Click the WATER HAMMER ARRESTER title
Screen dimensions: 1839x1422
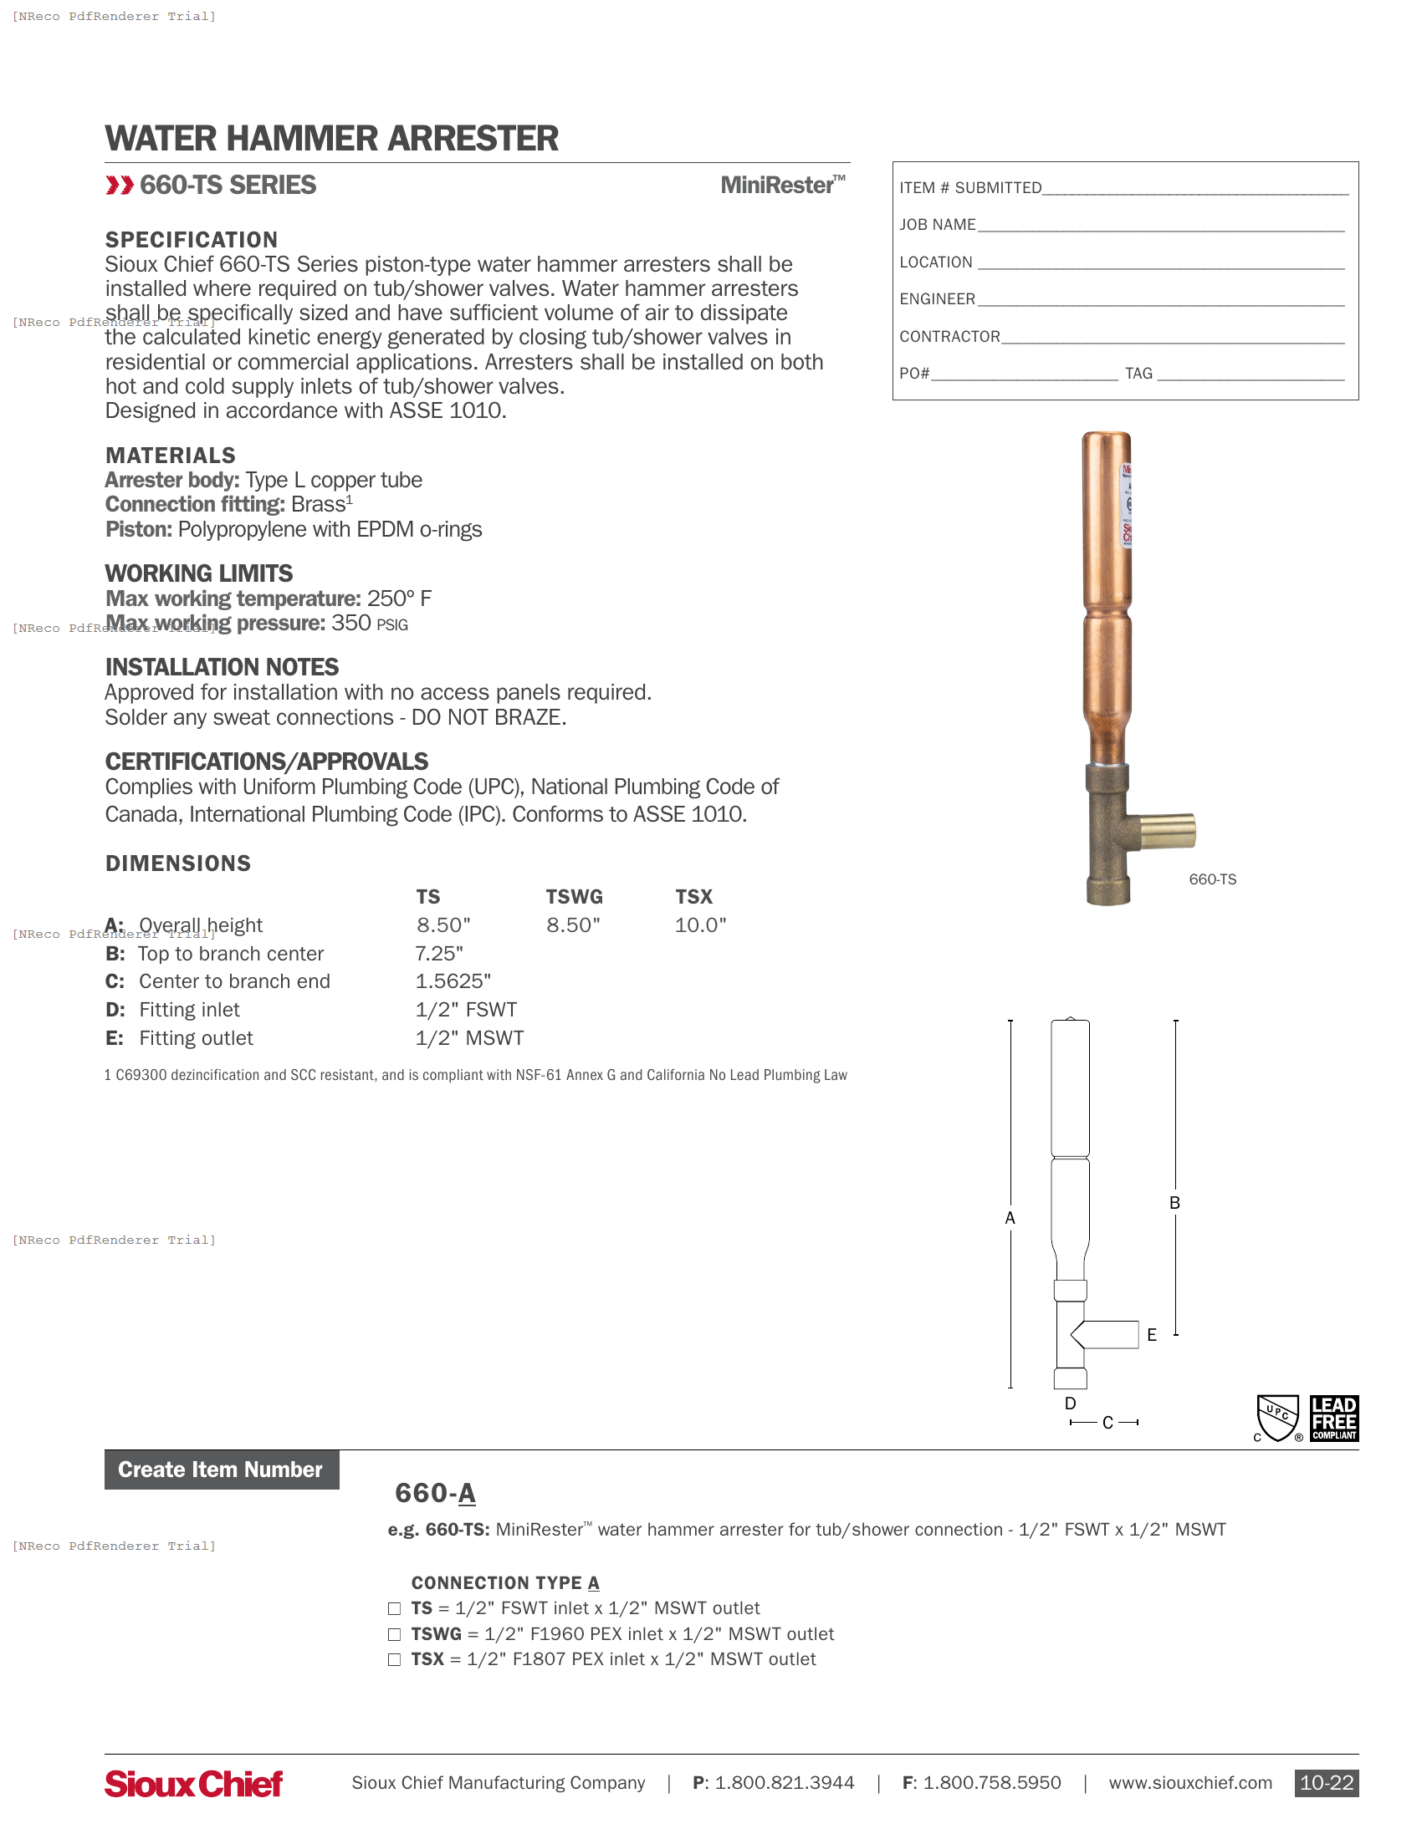pyautogui.click(x=331, y=139)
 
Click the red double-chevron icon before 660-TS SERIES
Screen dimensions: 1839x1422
pyautogui.click(x=120, y=186)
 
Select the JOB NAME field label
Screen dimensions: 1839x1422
pyautogui.click(x=937, y=225)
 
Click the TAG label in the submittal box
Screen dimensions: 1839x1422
pyautogui.click(x=1138, y=374)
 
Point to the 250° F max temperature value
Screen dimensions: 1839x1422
pyautogui.click(x=399, y=599)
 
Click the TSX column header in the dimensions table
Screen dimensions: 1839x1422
pyautogui.click(x=693, y=897)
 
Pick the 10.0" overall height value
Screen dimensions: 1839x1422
pyautogui.click(x=700, y=925)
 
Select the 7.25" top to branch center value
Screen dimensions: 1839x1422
pyautogui.click(x=439, y=954)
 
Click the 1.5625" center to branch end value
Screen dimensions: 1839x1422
pyautogui.click(x=453, y=982)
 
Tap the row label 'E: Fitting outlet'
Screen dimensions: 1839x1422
pyautogui.click(x=180, y=1038)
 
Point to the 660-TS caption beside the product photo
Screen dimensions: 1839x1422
pyautogui.click(x=1212, y=880)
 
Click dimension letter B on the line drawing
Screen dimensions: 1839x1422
pyautogui.click(x=1174, y=1203)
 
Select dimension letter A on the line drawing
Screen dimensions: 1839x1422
pyautogui.click(x=1010, y=1219)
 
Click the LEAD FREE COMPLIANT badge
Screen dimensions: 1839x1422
pyautogui.click(x=1333, y=1419)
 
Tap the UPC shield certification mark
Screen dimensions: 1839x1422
pyautogui.click(x=1278, y=1418)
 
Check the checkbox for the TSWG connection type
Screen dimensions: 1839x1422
pyautogui.click(x=394, y=1634)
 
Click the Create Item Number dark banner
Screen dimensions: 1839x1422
pyautogui.click(x=222, y=1470)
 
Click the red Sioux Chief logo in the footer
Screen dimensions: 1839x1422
pyautogui.click(x=194, y=1784)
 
